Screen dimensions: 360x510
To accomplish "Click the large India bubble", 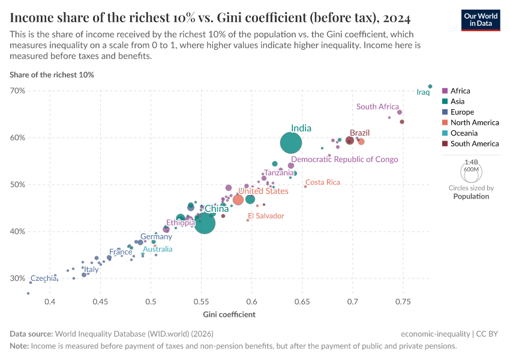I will [291, 143].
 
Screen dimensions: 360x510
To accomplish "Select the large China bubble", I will [205, 223].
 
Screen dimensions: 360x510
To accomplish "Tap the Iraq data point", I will [430, 86].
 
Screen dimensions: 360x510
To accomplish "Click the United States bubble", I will [238, 199].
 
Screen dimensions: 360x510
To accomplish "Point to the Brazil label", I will [359, 133].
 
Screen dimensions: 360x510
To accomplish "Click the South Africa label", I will [377, 107].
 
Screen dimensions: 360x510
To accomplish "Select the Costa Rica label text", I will [323, 182].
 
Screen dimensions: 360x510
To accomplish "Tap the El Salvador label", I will [266, 215].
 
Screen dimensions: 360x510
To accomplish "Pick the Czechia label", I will [43, 278].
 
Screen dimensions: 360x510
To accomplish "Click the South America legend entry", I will [474, 143].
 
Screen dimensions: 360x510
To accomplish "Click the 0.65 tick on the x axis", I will [302, 301].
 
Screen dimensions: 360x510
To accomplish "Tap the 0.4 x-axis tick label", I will [50, 301].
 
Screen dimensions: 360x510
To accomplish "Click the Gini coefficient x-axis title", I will [229, 314].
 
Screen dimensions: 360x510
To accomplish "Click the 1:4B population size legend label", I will [472, 163].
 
